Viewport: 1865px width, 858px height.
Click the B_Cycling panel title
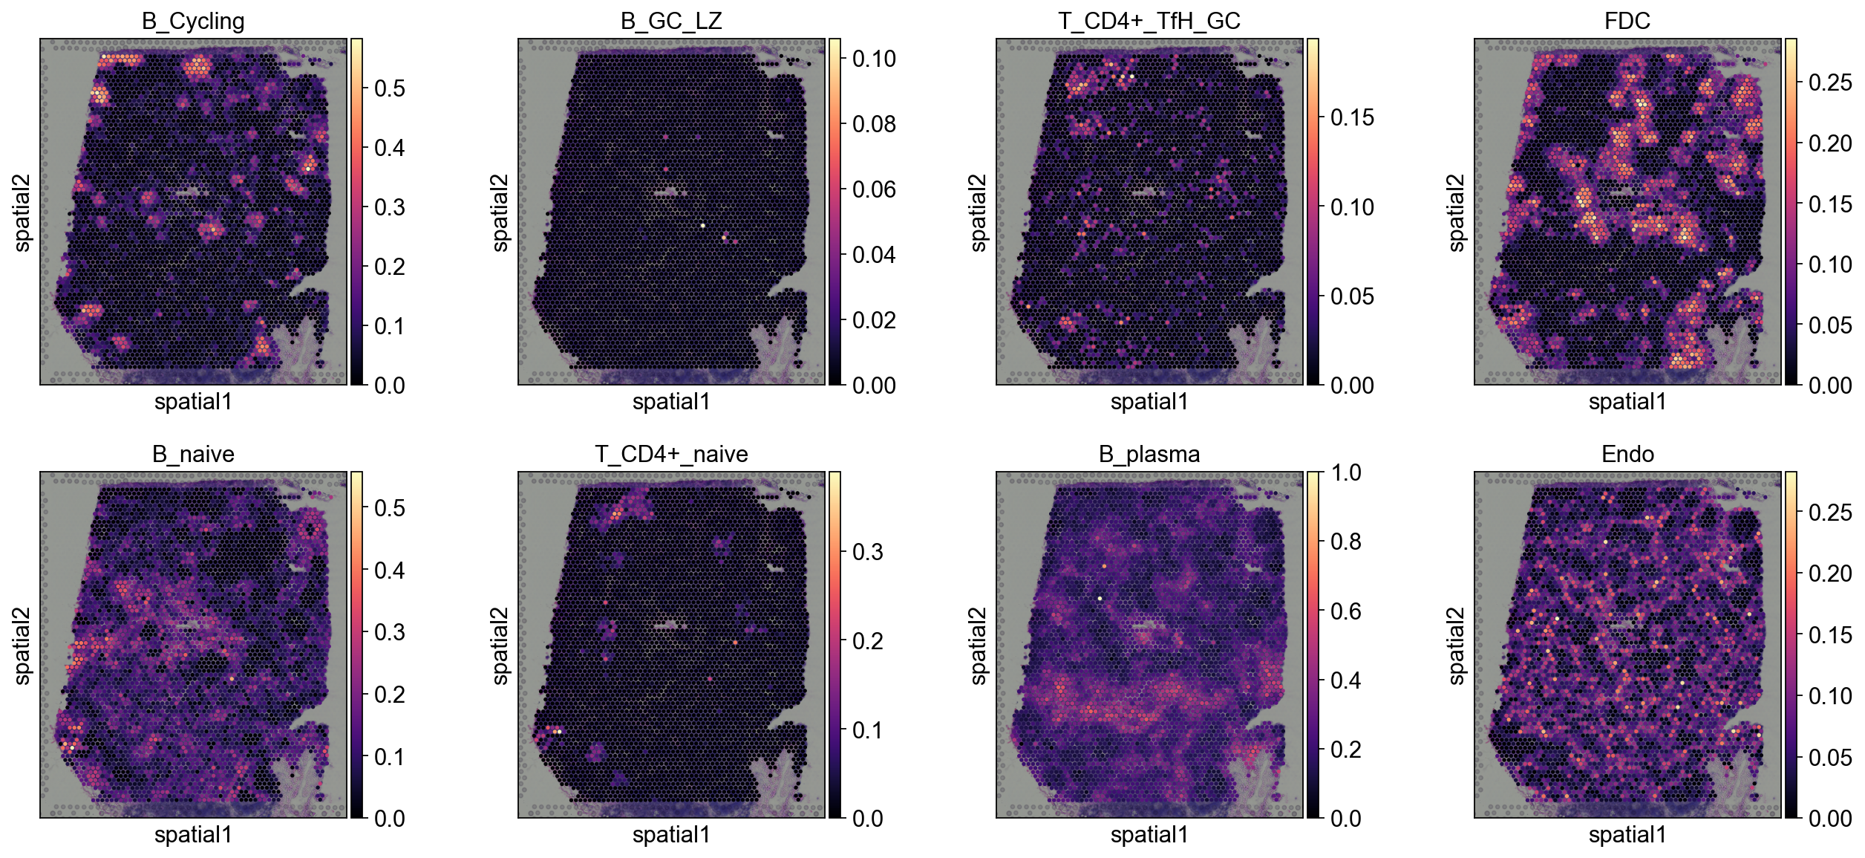193,21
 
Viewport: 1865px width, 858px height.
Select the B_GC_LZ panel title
671,21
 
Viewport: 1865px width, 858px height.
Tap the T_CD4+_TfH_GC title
1149,21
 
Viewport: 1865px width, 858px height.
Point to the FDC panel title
1627,21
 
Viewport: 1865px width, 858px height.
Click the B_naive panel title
193,454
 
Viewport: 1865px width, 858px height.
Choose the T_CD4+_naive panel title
671,454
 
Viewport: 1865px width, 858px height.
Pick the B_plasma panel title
1149,454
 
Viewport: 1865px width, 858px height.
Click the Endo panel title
1627,454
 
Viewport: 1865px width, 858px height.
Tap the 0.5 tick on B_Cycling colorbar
389,88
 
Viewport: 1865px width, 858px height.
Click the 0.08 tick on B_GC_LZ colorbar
874,124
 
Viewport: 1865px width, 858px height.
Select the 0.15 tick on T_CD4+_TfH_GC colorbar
1352,117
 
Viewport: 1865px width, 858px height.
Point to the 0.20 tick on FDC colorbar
1830,143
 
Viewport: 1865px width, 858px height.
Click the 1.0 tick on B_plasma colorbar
1345,472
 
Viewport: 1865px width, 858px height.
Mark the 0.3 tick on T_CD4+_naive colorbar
867,552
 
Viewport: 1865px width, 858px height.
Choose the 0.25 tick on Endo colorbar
1830,513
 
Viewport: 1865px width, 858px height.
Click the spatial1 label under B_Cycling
193,402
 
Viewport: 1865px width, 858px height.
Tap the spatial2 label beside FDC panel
1457,212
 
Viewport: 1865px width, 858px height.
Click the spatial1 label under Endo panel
1627,835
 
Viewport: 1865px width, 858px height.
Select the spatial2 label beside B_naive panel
22,646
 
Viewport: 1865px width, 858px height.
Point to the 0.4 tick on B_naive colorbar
389,571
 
